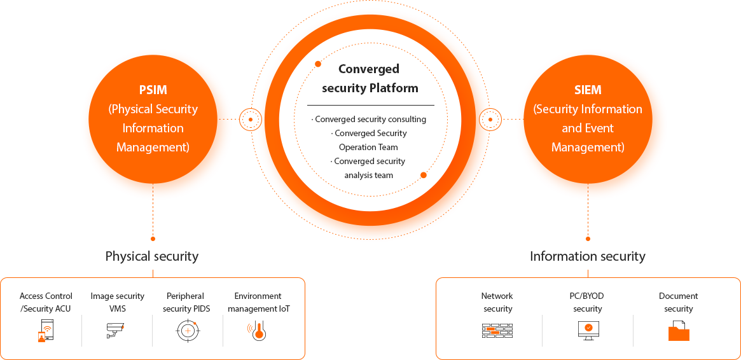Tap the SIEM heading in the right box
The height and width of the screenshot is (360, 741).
[587, 90]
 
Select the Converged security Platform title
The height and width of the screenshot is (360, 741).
[370, 78]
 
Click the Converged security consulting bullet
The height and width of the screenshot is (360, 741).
[370, 119]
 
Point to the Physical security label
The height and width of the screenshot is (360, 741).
[152, 256]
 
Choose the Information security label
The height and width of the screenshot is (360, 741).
[588, 256]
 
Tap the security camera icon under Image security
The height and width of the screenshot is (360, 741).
[116, 330]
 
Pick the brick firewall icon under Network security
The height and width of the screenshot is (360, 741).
[497, 331]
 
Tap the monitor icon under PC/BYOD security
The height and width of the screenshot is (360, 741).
[588, 330]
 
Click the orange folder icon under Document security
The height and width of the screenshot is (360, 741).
[679, 331]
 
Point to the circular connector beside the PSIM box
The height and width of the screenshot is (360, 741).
[251, 119]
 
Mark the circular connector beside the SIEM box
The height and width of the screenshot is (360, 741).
[490, 119]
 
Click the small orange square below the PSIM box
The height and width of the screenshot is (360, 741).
[153, 239]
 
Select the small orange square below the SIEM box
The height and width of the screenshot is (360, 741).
[588, 239]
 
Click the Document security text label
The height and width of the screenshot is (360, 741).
[679, 302]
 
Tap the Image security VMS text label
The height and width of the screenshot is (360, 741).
[117, 302]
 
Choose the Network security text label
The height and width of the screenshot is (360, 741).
[497, 302]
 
